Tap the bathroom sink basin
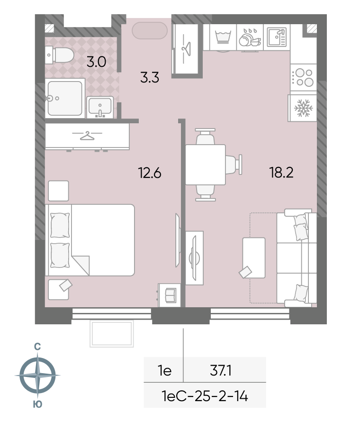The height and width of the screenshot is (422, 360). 100,107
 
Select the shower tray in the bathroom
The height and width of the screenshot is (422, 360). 65,98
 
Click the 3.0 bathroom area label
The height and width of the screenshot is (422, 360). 96,62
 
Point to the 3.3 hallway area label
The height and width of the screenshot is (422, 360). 150,77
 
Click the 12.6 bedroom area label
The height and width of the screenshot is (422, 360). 150,173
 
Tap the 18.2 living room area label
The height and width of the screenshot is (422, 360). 281,172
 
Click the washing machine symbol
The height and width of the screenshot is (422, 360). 223,37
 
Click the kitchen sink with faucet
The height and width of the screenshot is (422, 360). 277,37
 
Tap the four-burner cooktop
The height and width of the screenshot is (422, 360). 303,77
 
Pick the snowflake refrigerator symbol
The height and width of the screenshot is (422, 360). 303,108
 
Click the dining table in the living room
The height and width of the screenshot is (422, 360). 206,165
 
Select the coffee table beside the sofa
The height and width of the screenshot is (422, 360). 254,258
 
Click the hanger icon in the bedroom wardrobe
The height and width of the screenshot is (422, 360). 87,136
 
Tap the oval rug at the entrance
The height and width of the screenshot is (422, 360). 150,30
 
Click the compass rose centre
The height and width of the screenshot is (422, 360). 37,375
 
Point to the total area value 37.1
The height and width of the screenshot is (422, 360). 220,371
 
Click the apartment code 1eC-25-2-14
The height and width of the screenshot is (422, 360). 205,396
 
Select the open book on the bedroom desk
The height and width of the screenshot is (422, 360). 170,295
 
